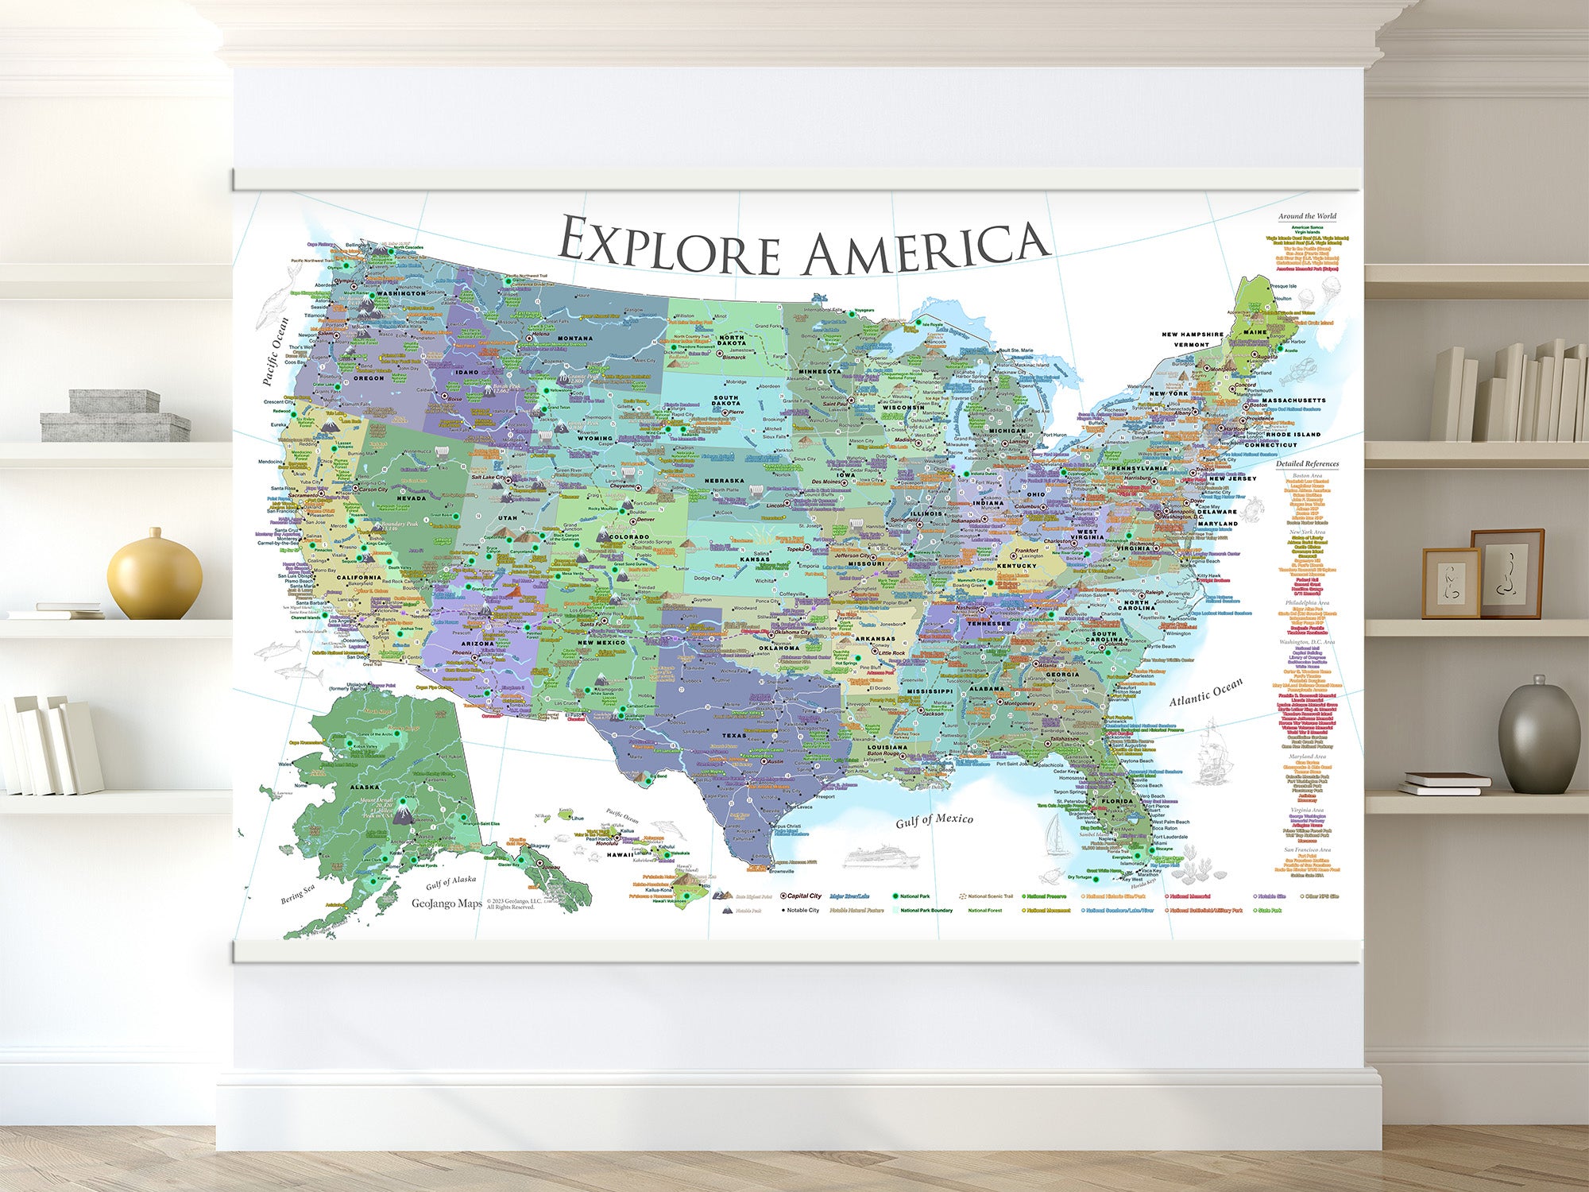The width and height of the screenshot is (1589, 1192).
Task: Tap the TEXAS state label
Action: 734,735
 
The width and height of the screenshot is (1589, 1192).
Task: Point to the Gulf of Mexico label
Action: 934,820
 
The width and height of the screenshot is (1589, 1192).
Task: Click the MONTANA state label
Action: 574,339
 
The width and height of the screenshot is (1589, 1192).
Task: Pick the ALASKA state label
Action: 365,787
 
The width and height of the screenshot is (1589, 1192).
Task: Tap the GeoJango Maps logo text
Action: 447,904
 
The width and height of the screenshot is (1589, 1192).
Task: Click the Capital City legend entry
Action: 803,896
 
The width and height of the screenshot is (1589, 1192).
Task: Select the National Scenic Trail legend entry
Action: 989,896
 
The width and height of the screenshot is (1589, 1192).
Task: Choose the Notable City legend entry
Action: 802,911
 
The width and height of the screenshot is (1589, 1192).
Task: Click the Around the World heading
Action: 1307,216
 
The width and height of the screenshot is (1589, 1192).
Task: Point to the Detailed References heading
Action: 1307,464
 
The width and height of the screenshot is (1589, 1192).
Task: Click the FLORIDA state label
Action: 1117,801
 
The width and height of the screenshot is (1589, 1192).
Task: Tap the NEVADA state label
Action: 412,498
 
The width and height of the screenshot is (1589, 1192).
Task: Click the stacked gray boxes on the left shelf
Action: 115,416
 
